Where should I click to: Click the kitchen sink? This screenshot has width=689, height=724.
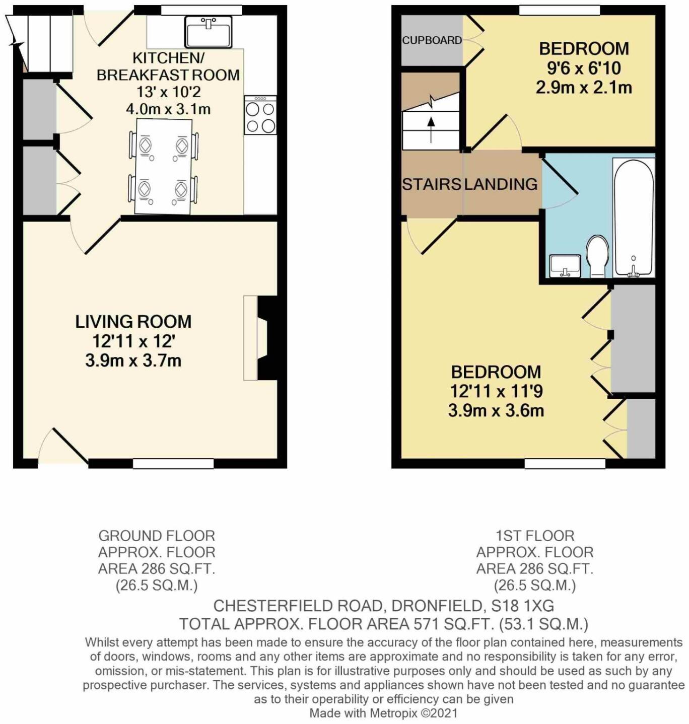coord(209,32)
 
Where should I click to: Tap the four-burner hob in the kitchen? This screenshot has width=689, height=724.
coord(260,116)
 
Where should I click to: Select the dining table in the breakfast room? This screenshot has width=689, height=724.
coord(164,166)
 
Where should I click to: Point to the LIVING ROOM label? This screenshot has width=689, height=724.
coord(133,321)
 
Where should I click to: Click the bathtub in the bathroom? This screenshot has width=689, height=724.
coord(634,218)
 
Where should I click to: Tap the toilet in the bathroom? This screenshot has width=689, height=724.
coord(598,256)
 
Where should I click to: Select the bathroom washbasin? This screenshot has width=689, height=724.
coord(565,265)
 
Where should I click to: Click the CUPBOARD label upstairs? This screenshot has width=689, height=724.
coord(432,40)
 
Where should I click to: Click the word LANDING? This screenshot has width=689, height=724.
coord(501,184)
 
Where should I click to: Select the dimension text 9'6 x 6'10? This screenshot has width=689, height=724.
coord(584,68)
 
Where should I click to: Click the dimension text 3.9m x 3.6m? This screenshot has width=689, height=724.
coord(496,410)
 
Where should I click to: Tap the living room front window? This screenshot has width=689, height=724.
coord(173,463)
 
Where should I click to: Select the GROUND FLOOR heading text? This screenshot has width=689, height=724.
coord(157,535)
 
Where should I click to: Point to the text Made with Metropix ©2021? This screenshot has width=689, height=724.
coord(383,713)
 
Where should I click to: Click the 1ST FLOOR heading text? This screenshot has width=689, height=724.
coord(535,535)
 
